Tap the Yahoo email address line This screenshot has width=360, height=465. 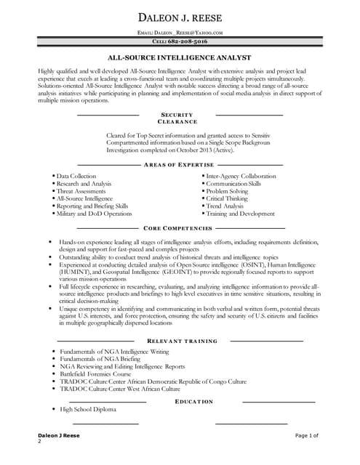click(x=180, y=33)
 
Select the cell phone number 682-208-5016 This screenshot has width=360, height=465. click(x=180, y=42)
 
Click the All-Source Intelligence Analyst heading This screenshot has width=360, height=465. click(x=180, y=57)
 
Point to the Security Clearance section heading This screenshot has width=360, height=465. click(x=177, y=118)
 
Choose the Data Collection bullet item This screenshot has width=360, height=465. click(x=76, y=176)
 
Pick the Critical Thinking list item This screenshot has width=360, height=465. click(x=227, y=198)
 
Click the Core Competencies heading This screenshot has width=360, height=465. click(x=178, y=228)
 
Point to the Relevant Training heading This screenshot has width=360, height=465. click(x=180, y=341)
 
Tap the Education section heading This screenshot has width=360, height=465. click(x=194, y=401)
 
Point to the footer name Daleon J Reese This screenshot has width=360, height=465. click(x=59, y=434)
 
